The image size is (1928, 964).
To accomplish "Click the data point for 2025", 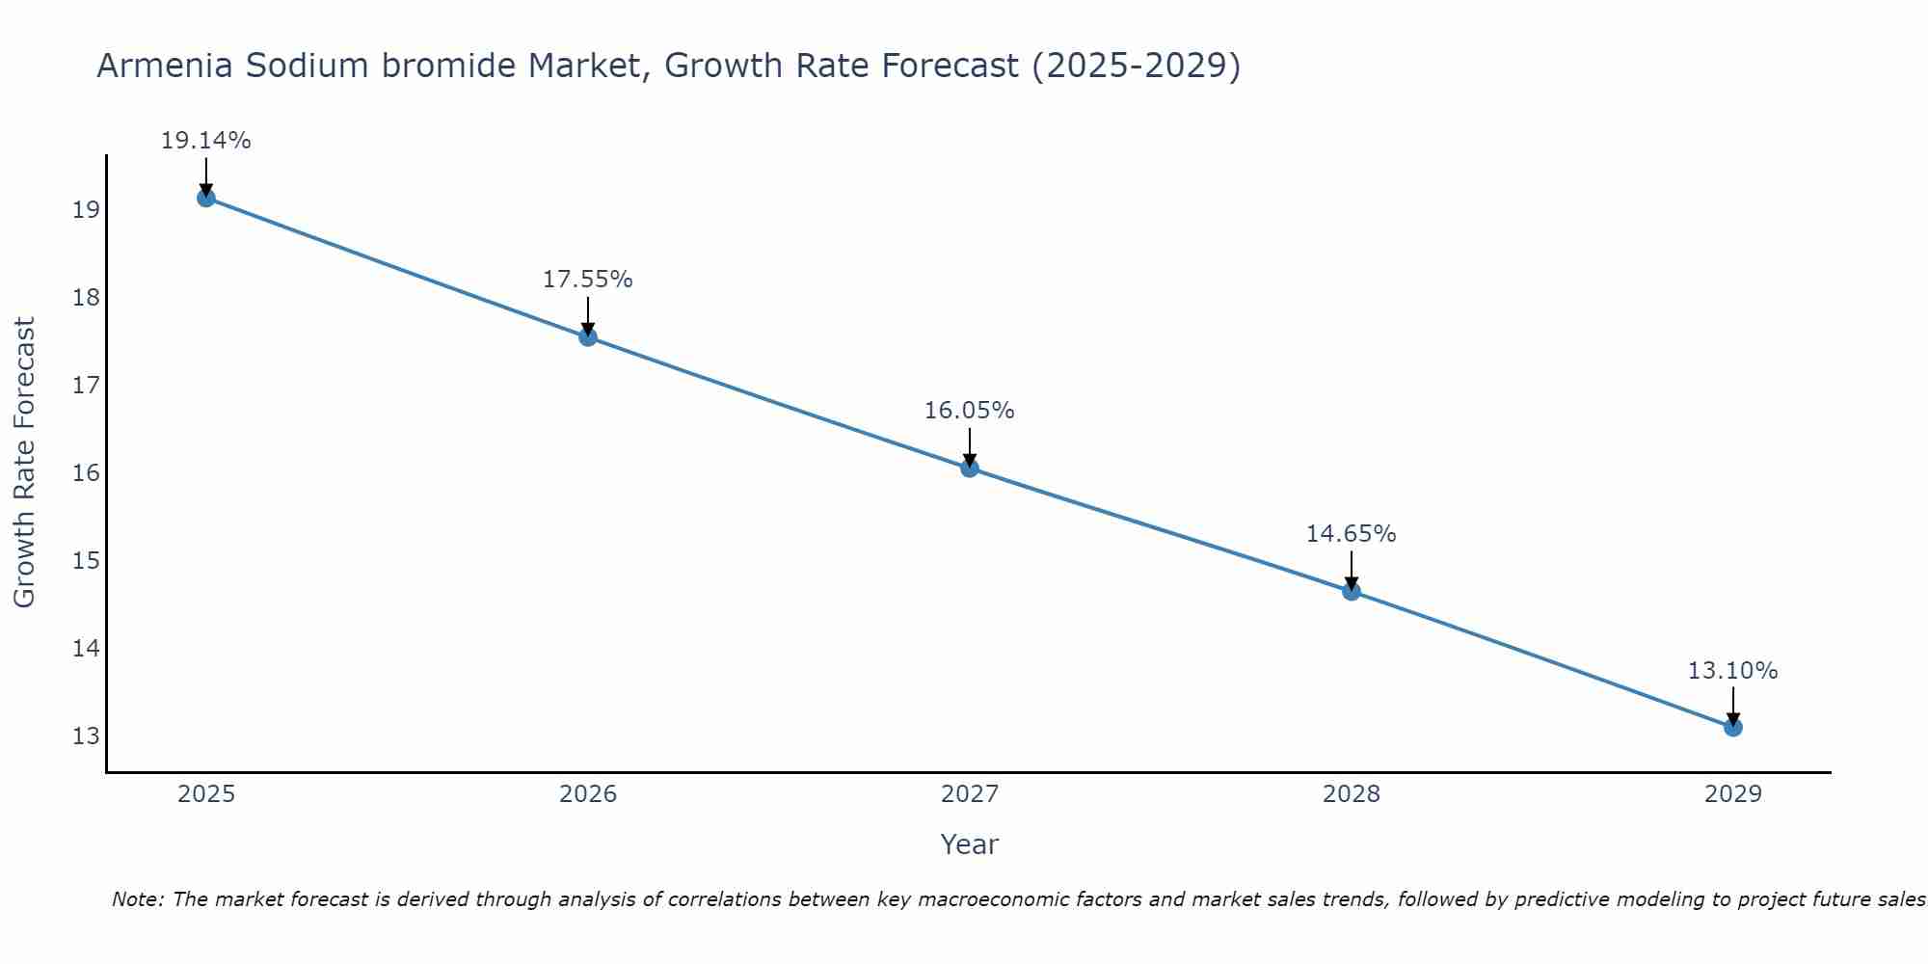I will [205, 198].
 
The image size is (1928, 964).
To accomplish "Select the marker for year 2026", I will [587, 336].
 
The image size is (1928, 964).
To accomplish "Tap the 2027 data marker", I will [969, 468].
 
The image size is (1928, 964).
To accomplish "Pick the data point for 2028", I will [1351, 591].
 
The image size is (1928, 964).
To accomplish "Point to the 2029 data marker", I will [1732, 727].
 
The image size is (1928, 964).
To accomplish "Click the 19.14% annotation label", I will [205, 141].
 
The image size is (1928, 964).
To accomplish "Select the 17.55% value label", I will [587, 280].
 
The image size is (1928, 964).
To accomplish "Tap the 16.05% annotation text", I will [969, 411].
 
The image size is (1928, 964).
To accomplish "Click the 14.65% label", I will [1351, 534].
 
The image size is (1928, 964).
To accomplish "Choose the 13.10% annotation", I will [1732, 671].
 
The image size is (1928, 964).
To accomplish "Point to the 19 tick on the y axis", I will [86, 210].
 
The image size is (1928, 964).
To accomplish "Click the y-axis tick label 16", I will [86, 473].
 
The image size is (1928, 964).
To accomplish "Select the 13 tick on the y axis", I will [86, 736].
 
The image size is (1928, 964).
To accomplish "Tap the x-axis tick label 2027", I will [969, 794].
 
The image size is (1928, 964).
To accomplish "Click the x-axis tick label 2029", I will [1732, 794].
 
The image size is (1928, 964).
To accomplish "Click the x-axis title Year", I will [969, 844].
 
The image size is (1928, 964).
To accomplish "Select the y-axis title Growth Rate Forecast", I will [24, 463].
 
